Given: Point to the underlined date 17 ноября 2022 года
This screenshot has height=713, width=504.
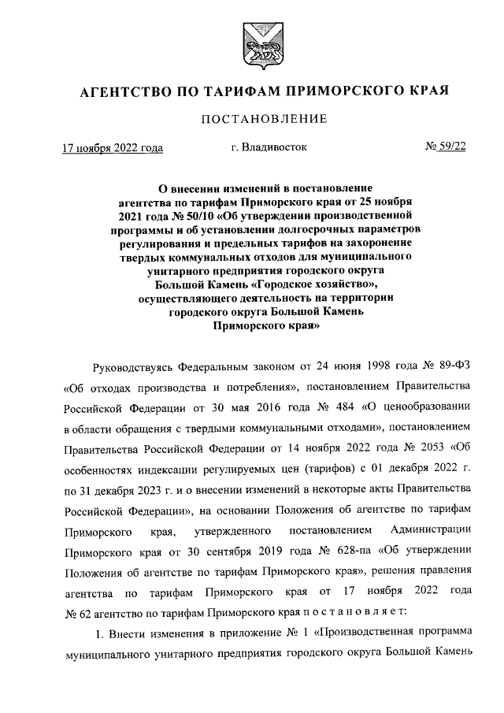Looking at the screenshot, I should coord(113,147).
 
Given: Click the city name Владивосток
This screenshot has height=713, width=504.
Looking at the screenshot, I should coord(269,147).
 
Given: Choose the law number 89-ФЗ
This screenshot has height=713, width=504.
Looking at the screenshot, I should coord(451,367).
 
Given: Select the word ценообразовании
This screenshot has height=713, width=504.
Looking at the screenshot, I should coord(427,408).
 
